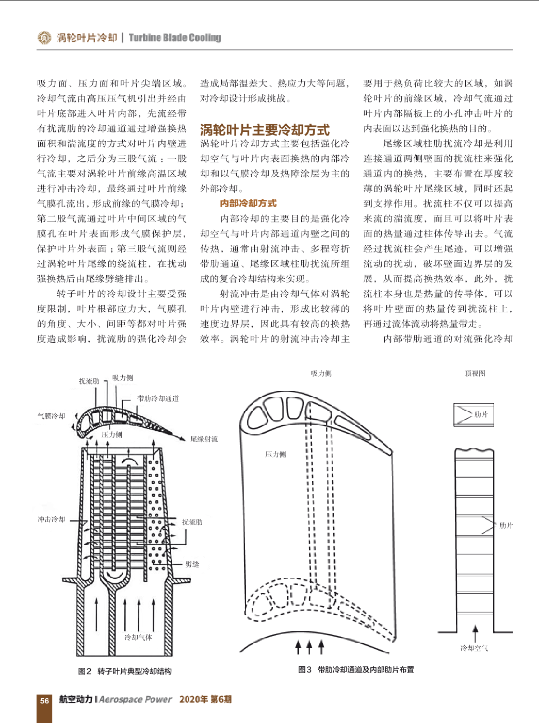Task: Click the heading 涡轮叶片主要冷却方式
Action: pyautogui.click(x=265, y=130)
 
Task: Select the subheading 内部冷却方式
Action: pyautogui.click(x=248, y=204)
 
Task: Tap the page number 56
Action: pyautogui.click(x=44, y=700)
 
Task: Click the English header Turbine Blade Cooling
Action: pyautogui.click(x=175, y=38)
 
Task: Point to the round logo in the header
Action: pyautogui.click(x=44, y=38)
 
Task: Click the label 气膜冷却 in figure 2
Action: pyautogui.click(x=51, y=416)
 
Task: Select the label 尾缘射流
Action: pyautogui.click(x=204, y=439)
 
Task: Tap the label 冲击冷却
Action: pyautogui.click(x=51, y=519)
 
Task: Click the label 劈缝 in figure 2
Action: pyautogui.click(x=192, y=564)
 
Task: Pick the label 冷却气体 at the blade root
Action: pyautogui.click(x=138, y=637)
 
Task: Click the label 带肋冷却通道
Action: pyautogui.click(x=158, y=398)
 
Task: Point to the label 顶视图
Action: pyautogui.click(x=475, y=374)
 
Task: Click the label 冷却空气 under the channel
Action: pyautogui.click(x=475, y=648)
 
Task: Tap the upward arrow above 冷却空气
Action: pyautogui.click(x=476, y=633)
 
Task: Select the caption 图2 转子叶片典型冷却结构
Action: pyautogui.click(x=125, y=671)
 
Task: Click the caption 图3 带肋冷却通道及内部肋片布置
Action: pyautogui.click(x=356, y=669)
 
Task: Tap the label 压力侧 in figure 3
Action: pyautogui.click(x=276, y=455)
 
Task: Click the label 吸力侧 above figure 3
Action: pyautogui.click(x=321, y=374)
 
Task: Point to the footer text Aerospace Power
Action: pyautogui.click(x=136, y=699)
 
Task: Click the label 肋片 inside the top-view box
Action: pyautogui.click(x=481, y=414)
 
